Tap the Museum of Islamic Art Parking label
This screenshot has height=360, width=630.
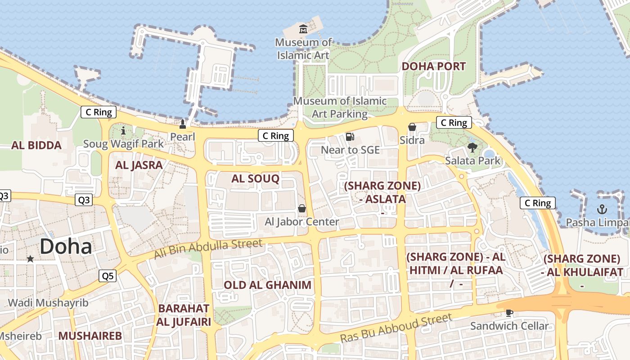pos(340,108)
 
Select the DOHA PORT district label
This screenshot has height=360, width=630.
pos(433,66)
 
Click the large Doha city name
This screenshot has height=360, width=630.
pos(66,247)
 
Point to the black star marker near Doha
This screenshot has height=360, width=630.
pos(30,259)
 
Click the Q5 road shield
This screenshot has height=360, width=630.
pos(108,276)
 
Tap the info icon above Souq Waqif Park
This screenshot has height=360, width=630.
pos(124,131)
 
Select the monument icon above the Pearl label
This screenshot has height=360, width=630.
pos(183,124)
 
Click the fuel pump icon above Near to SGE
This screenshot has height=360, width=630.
pos(350,136)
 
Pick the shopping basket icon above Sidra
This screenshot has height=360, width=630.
pos(412,127)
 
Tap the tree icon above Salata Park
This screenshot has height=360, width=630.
pos(472,147)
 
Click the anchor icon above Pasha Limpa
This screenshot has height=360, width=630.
pos(602,209)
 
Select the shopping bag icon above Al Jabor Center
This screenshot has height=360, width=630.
pos(302,208)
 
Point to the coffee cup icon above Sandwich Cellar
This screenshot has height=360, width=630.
pos(509,313)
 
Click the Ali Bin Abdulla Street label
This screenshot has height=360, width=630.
pos(208,249)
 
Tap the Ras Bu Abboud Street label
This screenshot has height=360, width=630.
pos(396,328)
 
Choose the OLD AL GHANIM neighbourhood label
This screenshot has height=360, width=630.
pos(267,285)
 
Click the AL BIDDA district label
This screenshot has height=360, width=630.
pos(36,145)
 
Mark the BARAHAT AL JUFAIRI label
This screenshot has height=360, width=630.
pos(184,315)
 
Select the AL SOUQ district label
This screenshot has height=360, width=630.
pos(255,179)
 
